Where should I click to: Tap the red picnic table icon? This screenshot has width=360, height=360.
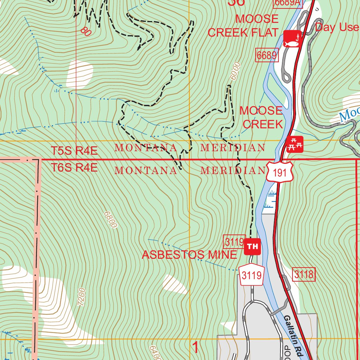295,144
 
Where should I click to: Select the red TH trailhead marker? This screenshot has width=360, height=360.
252,246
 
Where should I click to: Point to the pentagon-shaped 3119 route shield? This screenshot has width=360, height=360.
252,275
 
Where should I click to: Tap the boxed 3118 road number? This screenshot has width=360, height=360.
304,275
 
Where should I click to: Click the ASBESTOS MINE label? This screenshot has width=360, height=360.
189,255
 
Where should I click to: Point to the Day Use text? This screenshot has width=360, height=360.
337,27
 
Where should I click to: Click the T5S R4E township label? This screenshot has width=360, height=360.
74,151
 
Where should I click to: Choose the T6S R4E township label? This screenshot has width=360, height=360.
74,168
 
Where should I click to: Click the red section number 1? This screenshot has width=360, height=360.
195,348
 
